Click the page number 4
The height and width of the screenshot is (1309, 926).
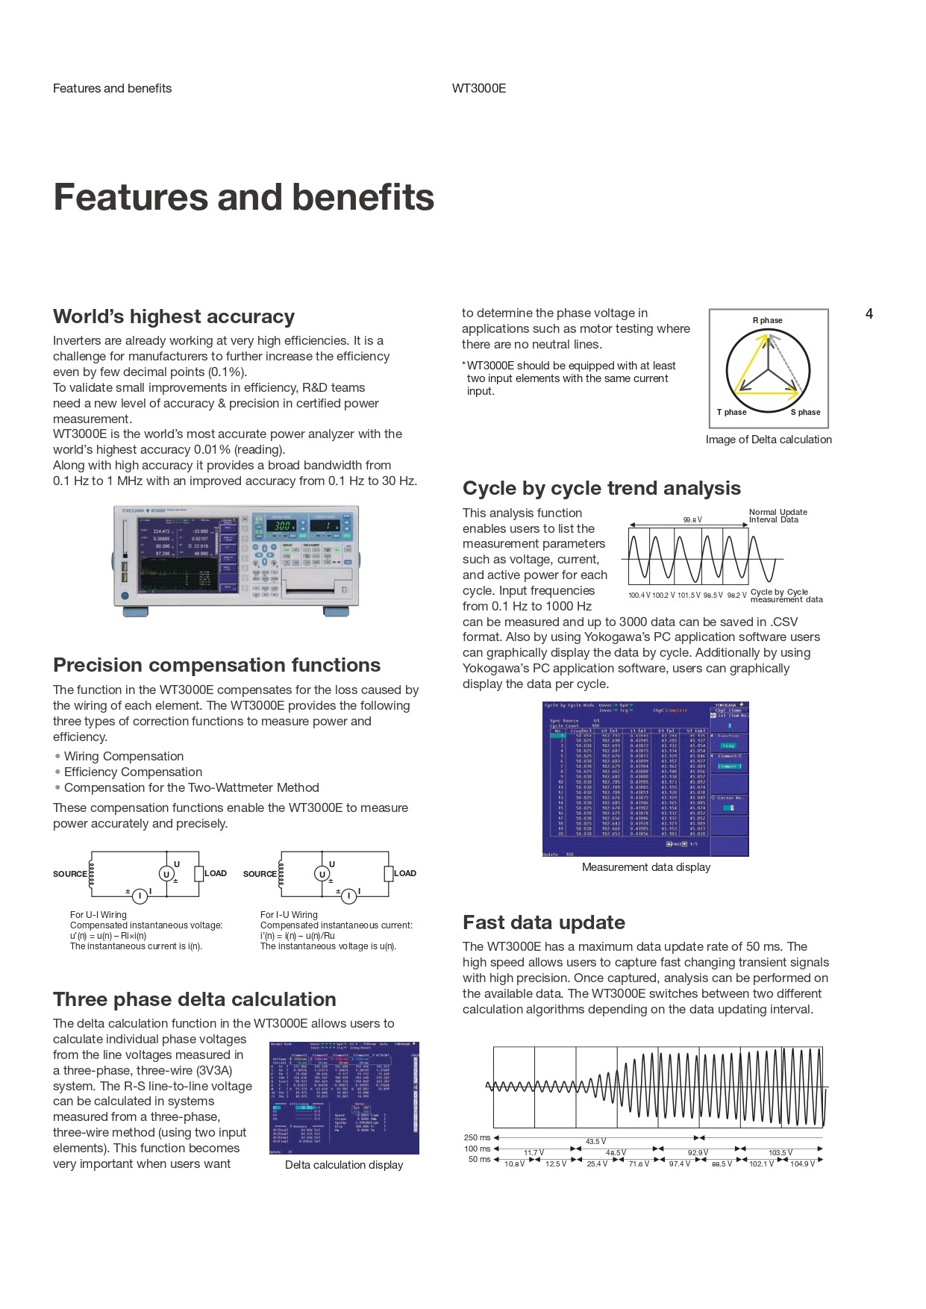pyautogui.click(x=869, y=314)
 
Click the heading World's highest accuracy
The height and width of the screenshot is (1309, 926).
pyautogui.click(x=174, y=316)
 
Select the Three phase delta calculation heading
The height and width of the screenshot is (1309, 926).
pyautogui.click(x=194, y=999)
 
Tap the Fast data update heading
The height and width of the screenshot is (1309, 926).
pyautogui.click(x=543, y=922)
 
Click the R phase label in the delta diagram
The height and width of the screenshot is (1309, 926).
pyautogui.click(x=767, y=320)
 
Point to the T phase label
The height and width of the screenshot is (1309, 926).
pyautogui.click(x=731, y=412)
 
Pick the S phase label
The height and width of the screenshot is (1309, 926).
pyautogui.click(x=805, y=412)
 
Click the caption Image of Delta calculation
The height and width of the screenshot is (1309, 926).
pyautogui.click(x=769, y=440)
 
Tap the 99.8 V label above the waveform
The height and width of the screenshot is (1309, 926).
pyautogui.click(x=692, y=520)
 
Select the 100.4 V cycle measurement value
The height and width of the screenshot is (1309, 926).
pyautogui.click(x=639, y=596)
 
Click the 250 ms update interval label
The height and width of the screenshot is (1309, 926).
pyautogui.click(x=478, y=1138)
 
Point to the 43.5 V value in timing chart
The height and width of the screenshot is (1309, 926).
pyautogui.click(x=595, y=1142)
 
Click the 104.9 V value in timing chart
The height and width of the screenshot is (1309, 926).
pyautogui.click(x=802, y=1164)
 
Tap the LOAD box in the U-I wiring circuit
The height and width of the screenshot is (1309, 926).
pyautogui.click(x=198, y=873)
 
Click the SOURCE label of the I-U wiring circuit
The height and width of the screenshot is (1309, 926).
pyautogui.click(x=260, y=874)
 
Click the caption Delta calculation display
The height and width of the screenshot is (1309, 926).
pyautogui.click(x=344, y=1165)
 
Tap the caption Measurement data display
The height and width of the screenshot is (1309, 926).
pyautogui.click(x=646, y=867)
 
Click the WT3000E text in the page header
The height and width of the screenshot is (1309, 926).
pyautogui.click(x=479, y=88)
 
